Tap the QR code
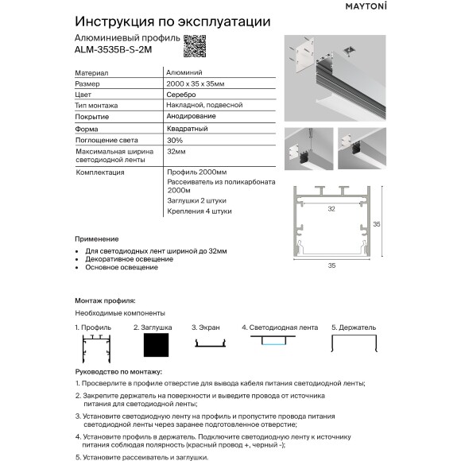pos(195,46)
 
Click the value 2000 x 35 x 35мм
pos(198,83)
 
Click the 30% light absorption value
pos(175,139)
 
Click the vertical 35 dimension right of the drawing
pos(378,224)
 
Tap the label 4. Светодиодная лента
pos(279,327)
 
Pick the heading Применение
pos(96,239)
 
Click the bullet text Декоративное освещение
pos(129,259)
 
